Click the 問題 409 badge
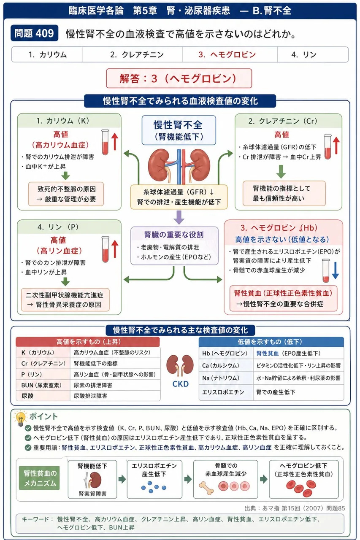coord(35,33)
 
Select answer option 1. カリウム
coord(47,55)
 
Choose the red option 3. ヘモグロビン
coord(227,55)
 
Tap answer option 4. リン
coord(304,55)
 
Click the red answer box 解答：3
coord(179,78)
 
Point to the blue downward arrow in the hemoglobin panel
coord(335,270)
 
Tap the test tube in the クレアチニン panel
coord(327,147)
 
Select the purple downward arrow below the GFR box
coord(179,217)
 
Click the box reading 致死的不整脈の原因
coord(66,194)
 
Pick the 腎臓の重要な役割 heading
coord(174,235)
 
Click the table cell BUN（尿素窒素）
coord(43,385)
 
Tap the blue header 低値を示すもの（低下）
coord(271,342)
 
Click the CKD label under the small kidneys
coord(180,384)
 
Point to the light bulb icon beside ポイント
coord(20,418)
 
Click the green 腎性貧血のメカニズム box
coord(39,478)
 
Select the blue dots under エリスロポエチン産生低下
coord(154,487)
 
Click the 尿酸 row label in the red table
coord(27,396)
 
